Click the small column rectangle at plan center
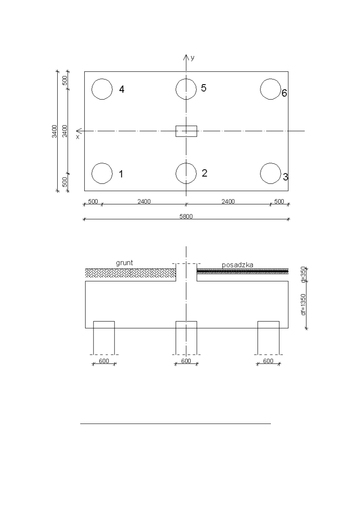point(176,131)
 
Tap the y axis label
point(193,58)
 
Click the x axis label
point(78,137)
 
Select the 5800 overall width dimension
point(186,216)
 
